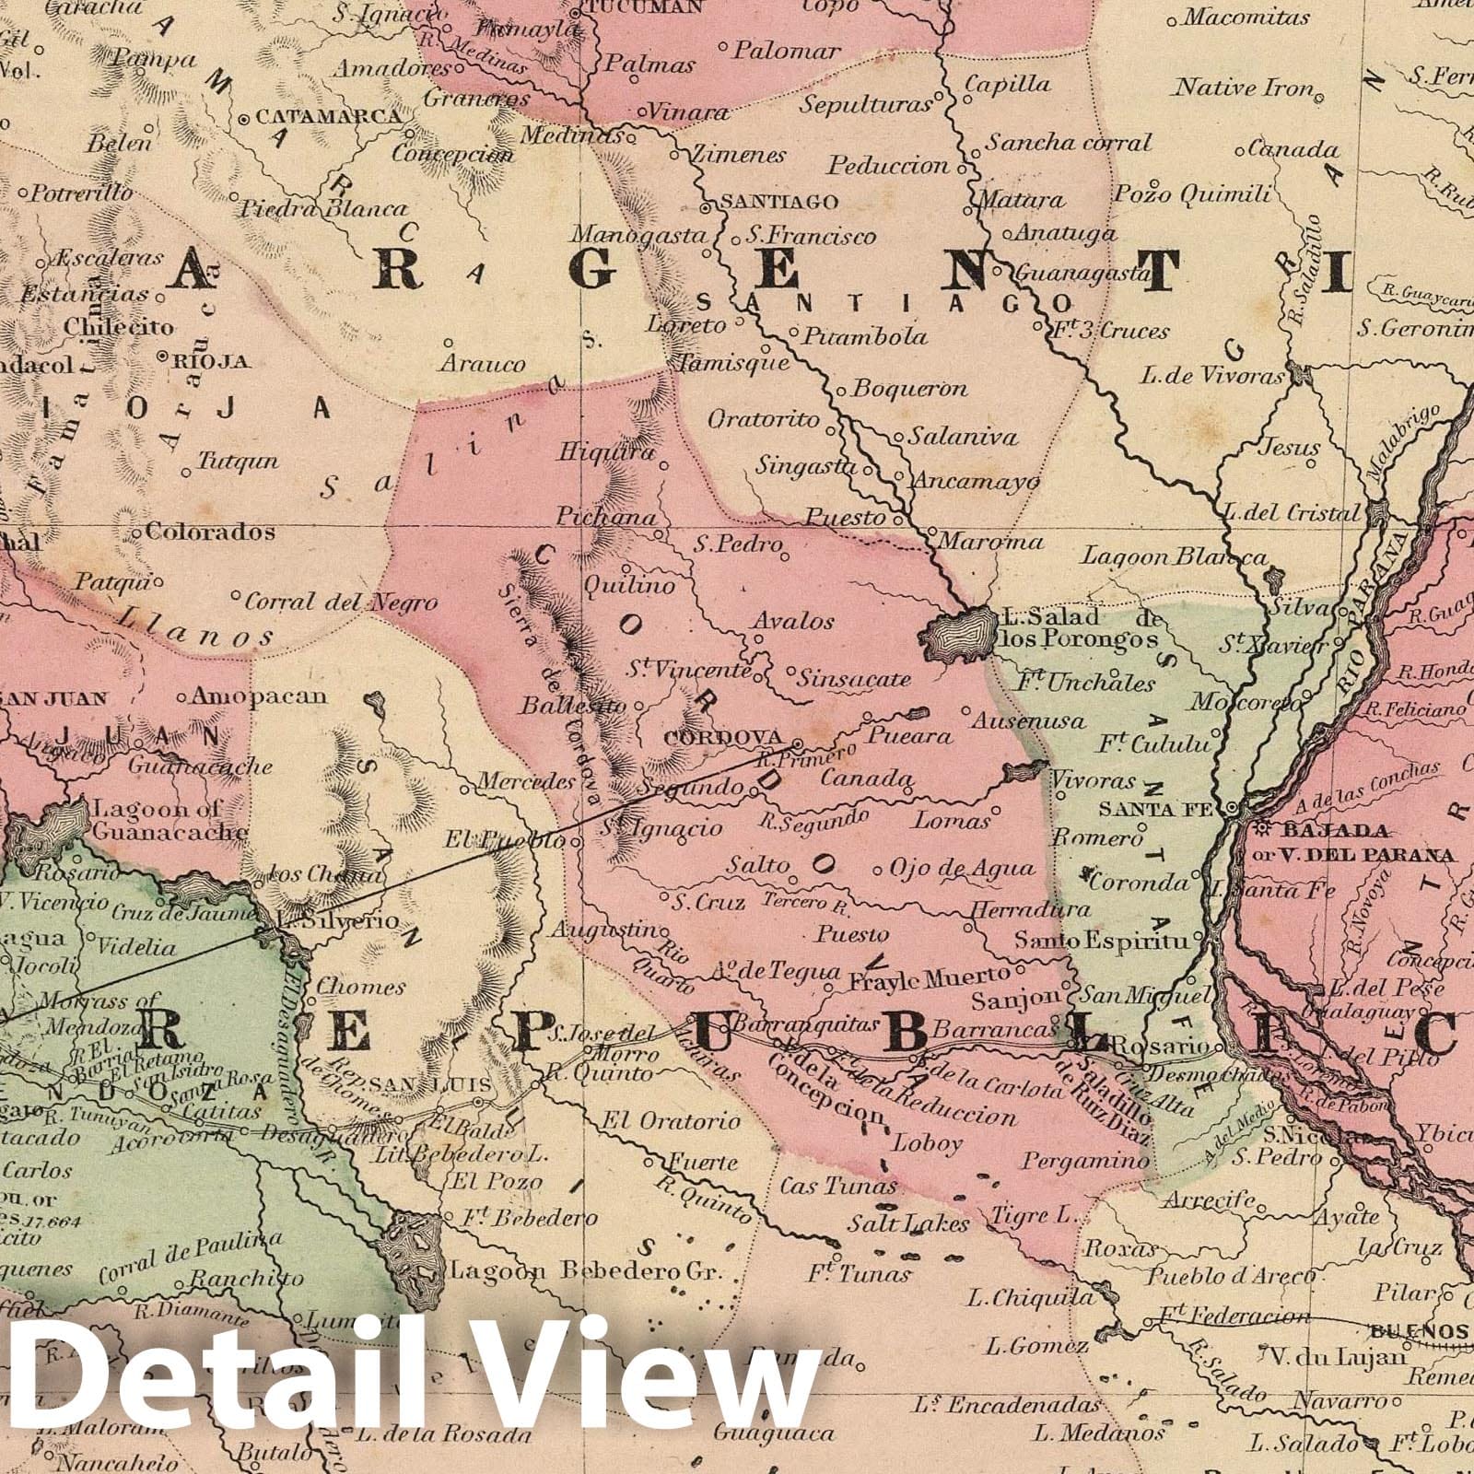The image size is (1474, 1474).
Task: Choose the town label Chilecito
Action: pos(119,326)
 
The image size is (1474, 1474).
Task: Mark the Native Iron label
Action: pos(1243,88)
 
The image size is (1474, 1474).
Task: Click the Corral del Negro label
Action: pos(340,602)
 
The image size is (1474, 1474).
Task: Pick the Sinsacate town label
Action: pos(854,679)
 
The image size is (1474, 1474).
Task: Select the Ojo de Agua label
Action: pos(962,868)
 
